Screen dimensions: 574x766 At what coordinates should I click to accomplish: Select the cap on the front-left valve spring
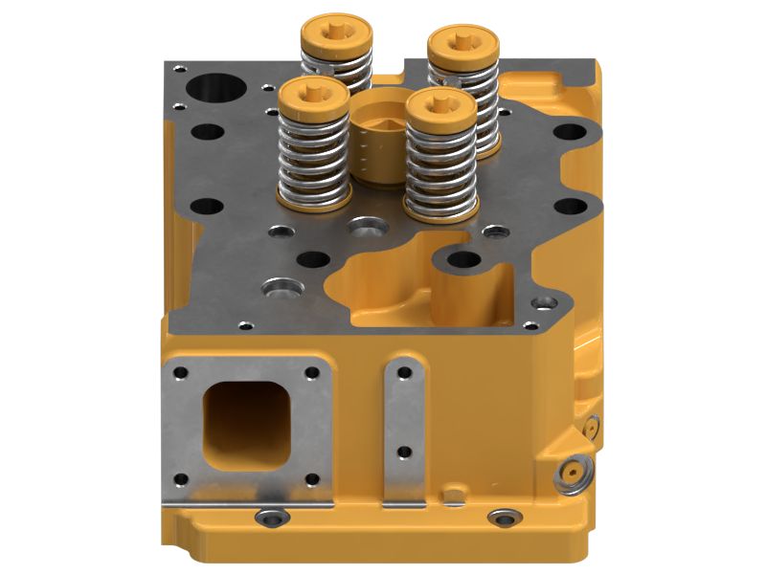[x=313, y=98]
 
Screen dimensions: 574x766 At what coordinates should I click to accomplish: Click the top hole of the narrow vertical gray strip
[x=405, y=371]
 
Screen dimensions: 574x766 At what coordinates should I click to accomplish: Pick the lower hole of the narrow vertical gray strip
[x=405, y=452]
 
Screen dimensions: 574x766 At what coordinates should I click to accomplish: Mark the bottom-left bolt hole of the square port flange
[x=179, y=478]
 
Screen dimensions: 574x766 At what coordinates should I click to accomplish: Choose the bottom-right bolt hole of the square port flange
[x=310, y=478]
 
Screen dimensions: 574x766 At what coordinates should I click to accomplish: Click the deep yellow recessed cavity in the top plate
[x=402, y=287]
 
